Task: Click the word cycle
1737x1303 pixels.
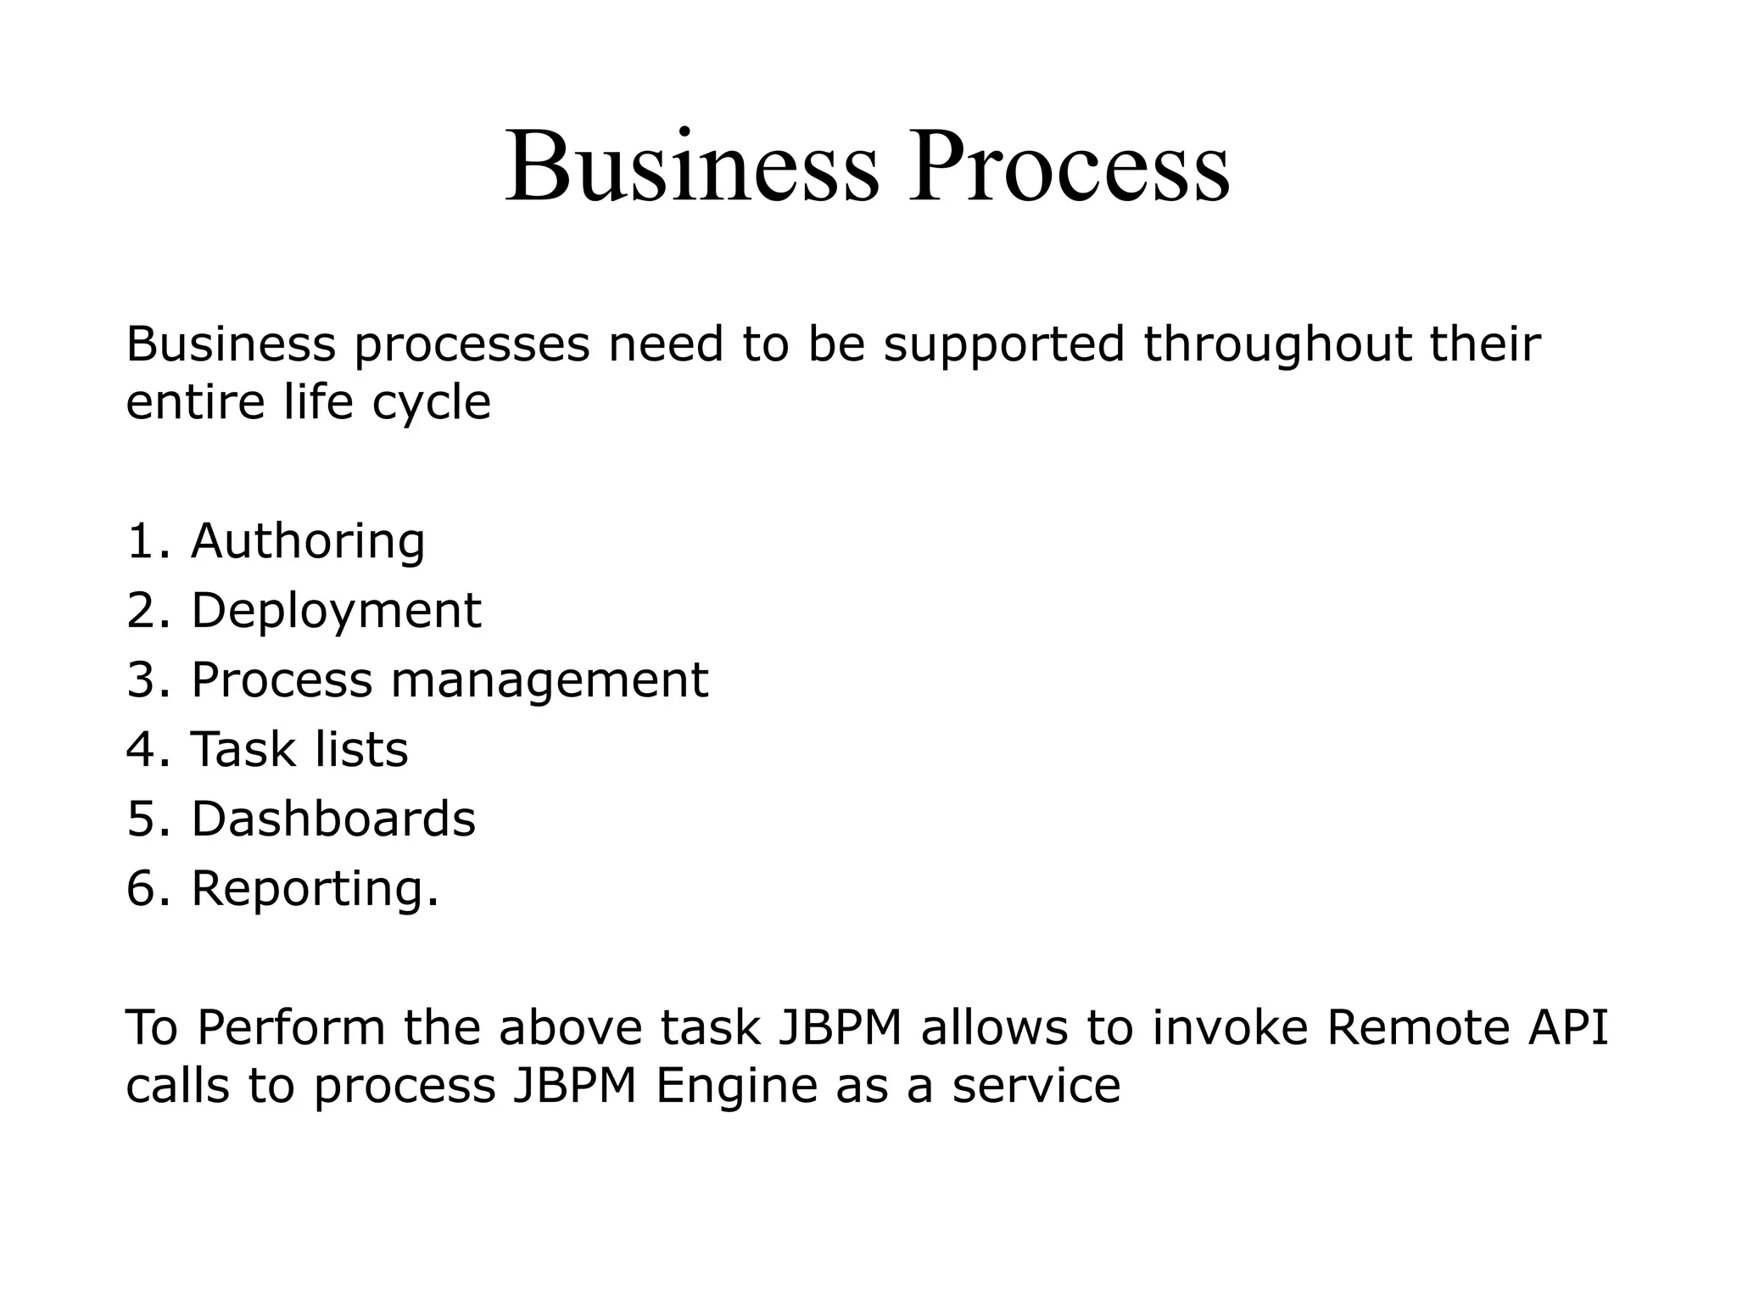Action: [431, 403]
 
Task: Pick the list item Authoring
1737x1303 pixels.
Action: [308, 541]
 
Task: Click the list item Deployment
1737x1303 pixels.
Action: [336, 612]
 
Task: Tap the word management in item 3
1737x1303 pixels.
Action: [549, 681]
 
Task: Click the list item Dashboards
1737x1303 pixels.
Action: [333, 819]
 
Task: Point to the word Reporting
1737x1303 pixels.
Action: [315, 890]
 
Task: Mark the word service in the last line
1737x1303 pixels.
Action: [1036, 1087]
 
